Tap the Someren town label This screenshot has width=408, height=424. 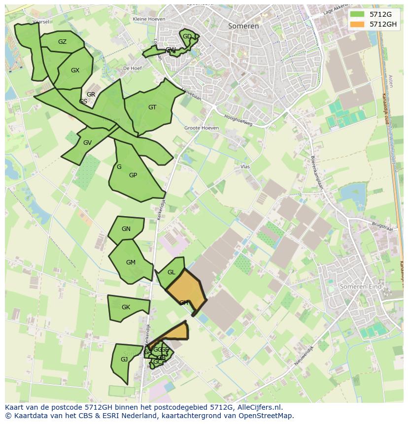[x=243, y=26]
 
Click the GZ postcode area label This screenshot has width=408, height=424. [x=62, y=42]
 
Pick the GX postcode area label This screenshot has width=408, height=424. [x=75, y=70]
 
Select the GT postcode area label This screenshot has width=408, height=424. [x=152, y=107]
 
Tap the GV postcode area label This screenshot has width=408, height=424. [x=87, y=143]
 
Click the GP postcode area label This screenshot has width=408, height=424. [x=133, y=175]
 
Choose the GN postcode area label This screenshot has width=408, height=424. [x=126, y=229]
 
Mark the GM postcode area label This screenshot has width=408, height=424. [x=131, y=262]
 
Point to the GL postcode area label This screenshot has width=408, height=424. [x=171, y=272]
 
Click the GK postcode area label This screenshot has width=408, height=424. [x=126, y=307]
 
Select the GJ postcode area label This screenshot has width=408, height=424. [x=124, y=359]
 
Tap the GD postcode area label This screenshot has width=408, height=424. [x=187, y=36]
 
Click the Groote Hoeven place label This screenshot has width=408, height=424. [x=202, y=128]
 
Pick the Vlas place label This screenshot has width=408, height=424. [x=245, y=167]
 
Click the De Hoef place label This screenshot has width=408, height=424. [x=133, y=68]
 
